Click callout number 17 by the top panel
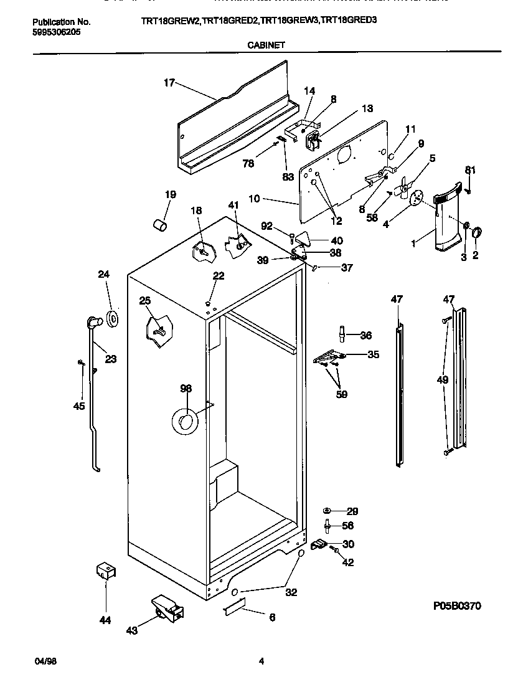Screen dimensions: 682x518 pyautogui.click(x=169, y=82)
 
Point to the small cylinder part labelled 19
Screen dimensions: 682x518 pyautogui.click(x=161, y=224)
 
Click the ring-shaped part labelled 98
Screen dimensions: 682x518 pyautogui.click(x=184, y=422)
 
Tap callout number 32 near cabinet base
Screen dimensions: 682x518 pyautogui.click(x=291, y=592)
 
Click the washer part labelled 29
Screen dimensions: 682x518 pyautogui.click(x=327, y=511)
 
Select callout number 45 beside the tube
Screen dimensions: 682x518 pyautogui.click(x=79, y=407)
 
